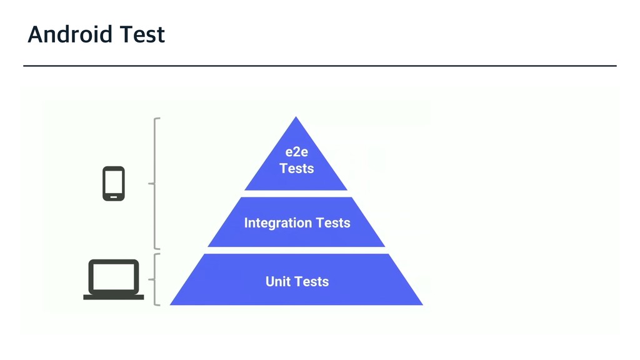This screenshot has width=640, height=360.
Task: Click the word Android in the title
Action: pos(62,34)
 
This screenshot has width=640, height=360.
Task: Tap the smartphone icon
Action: pos(114,183)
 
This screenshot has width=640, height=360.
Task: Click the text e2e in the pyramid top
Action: pos(297,152)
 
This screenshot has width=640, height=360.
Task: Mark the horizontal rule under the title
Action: pos(320,65)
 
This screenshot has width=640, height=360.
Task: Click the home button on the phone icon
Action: pos(114,197)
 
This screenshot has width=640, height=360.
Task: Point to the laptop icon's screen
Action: pos(114,276)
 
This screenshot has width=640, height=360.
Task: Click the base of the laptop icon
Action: pos(114,297)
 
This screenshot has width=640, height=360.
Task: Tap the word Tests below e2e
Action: pos(297,169)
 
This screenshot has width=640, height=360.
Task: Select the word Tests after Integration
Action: pos(333,223)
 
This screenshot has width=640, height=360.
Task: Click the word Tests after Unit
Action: pos(312,281)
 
